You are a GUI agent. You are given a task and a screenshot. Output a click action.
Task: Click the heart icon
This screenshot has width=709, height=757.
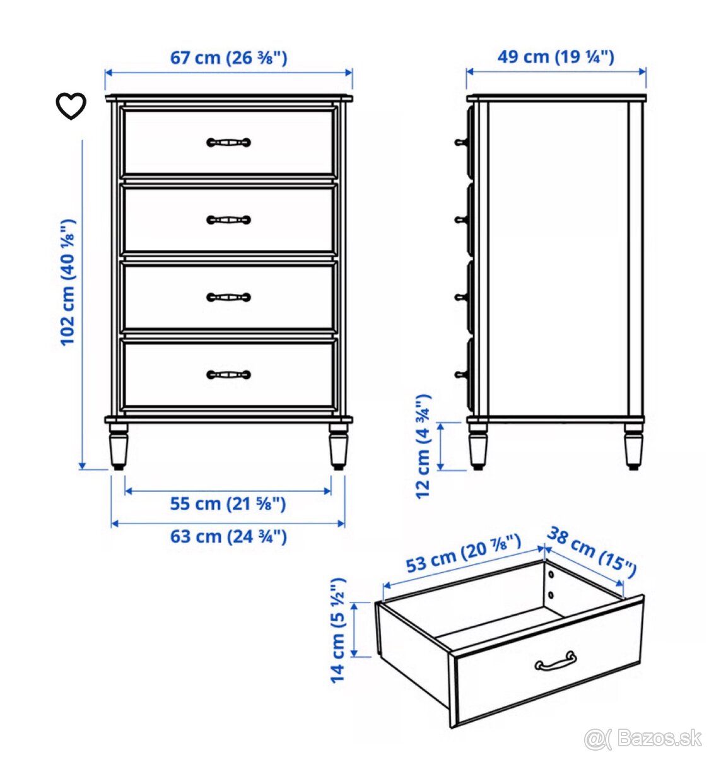click(71, 106)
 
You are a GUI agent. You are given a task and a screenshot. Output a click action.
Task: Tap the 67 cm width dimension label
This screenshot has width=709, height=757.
click(228, 58)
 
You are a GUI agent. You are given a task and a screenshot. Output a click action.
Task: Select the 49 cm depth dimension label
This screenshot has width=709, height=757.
click(555, 57)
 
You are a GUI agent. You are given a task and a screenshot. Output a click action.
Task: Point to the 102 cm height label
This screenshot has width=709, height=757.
click(69, 283)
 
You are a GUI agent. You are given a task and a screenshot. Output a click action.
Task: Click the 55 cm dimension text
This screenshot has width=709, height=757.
click(228, 503)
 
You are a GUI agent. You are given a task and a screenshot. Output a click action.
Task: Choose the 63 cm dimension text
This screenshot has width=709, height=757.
click(228, 536)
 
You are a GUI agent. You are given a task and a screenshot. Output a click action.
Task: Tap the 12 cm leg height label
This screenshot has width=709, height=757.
click(423, 447)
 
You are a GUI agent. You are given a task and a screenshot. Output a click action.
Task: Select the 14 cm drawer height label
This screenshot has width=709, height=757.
click(337, 630)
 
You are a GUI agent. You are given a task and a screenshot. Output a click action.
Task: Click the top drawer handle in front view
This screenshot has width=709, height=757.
click(229, 143)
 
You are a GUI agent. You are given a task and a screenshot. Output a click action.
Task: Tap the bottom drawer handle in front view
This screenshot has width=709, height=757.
click(229, 374)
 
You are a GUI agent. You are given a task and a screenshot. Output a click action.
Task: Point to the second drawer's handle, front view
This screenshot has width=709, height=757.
click(229, 220)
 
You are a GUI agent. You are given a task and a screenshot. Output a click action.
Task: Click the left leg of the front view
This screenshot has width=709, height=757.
click(119, 446)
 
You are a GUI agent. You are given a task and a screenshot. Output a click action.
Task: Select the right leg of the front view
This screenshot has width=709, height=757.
click(339, 446)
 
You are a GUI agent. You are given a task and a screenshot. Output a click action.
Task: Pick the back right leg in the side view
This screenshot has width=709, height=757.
click(633, 446)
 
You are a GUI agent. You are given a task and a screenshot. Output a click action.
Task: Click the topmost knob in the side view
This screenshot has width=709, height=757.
click(460, 142)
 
